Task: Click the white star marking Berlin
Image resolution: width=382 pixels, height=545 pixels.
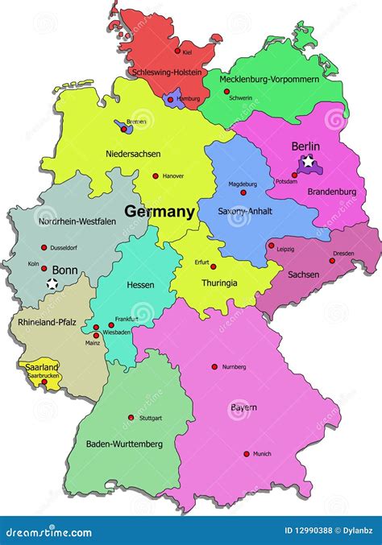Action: [x=309, y=163]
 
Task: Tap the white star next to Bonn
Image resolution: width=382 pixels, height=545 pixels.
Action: [x=52, y=283]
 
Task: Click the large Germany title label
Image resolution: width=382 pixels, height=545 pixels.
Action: [x=160, y=213]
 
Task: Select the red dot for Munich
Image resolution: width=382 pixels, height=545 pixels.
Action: [x=247, y=454]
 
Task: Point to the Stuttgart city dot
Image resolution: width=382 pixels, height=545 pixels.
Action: [x=131, y=418]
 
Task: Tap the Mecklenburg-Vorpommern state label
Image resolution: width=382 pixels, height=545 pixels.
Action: [x=272, y=80]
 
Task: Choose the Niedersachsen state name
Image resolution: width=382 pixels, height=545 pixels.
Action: [x=133, y=153]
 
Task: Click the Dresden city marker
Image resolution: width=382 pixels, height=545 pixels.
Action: [x=332, y=260]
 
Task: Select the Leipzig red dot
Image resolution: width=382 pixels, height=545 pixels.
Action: [x=271, y=246]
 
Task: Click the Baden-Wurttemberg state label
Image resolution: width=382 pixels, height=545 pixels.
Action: [x=124, y=444]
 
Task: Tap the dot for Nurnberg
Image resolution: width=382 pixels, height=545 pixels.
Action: [x=214, y=366]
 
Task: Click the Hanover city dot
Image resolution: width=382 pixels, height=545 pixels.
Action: [x=156, y=175]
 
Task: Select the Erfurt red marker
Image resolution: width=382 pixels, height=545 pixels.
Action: [x=213, y=266]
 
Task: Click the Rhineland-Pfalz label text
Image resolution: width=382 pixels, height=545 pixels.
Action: [x=46, y=322]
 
